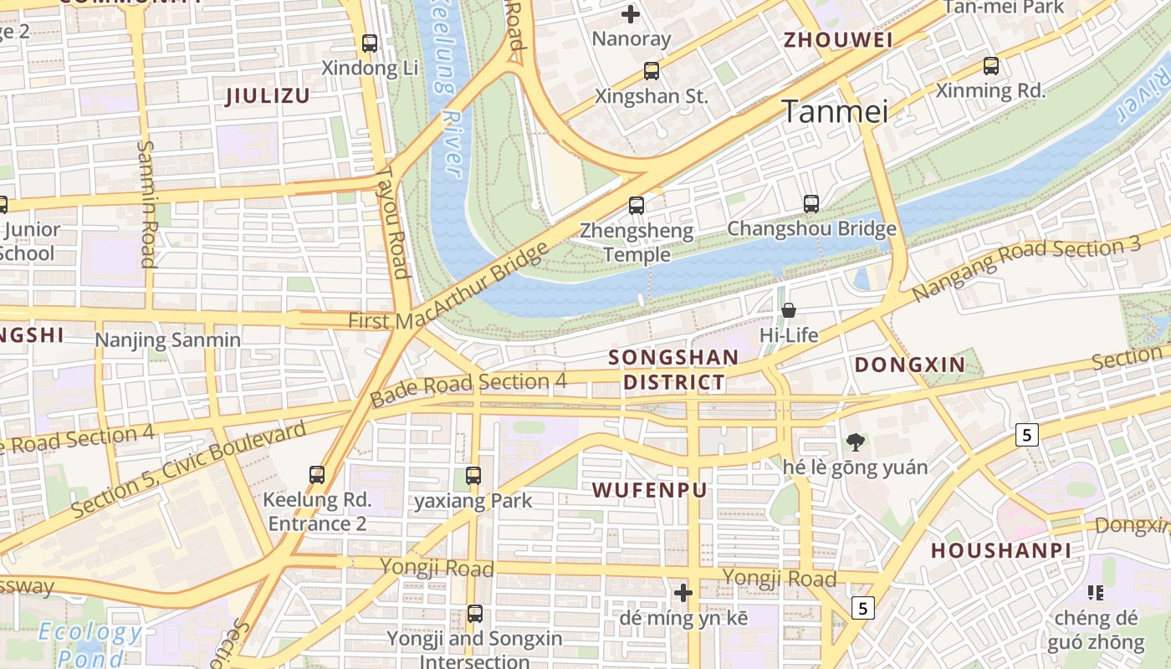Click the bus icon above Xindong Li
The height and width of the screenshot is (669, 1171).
point(370,43)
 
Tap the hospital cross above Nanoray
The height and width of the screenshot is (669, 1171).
point(631,13)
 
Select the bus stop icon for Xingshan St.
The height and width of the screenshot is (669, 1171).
point(652,71)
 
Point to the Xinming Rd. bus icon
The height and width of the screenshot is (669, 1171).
point(991,65)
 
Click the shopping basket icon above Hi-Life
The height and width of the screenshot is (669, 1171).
point(788,310)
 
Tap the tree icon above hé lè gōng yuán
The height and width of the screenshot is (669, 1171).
point(855,442)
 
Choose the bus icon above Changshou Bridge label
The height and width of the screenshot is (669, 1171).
point(810,203)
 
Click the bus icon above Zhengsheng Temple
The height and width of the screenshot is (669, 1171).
point(637,205)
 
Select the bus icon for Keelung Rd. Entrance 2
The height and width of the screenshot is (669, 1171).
point(317,475)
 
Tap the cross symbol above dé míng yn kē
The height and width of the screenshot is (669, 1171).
point(683,593)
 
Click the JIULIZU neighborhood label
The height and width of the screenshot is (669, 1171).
point(268,95)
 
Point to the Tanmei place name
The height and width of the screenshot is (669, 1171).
point(834,111)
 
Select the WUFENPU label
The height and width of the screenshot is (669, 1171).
point(650,490)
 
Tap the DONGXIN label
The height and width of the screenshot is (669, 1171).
point(910,365)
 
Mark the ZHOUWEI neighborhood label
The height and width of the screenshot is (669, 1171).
point(837,39)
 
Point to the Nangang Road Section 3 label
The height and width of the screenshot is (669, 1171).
point(1026,268)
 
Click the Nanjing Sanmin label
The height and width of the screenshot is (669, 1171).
point(167,340)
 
